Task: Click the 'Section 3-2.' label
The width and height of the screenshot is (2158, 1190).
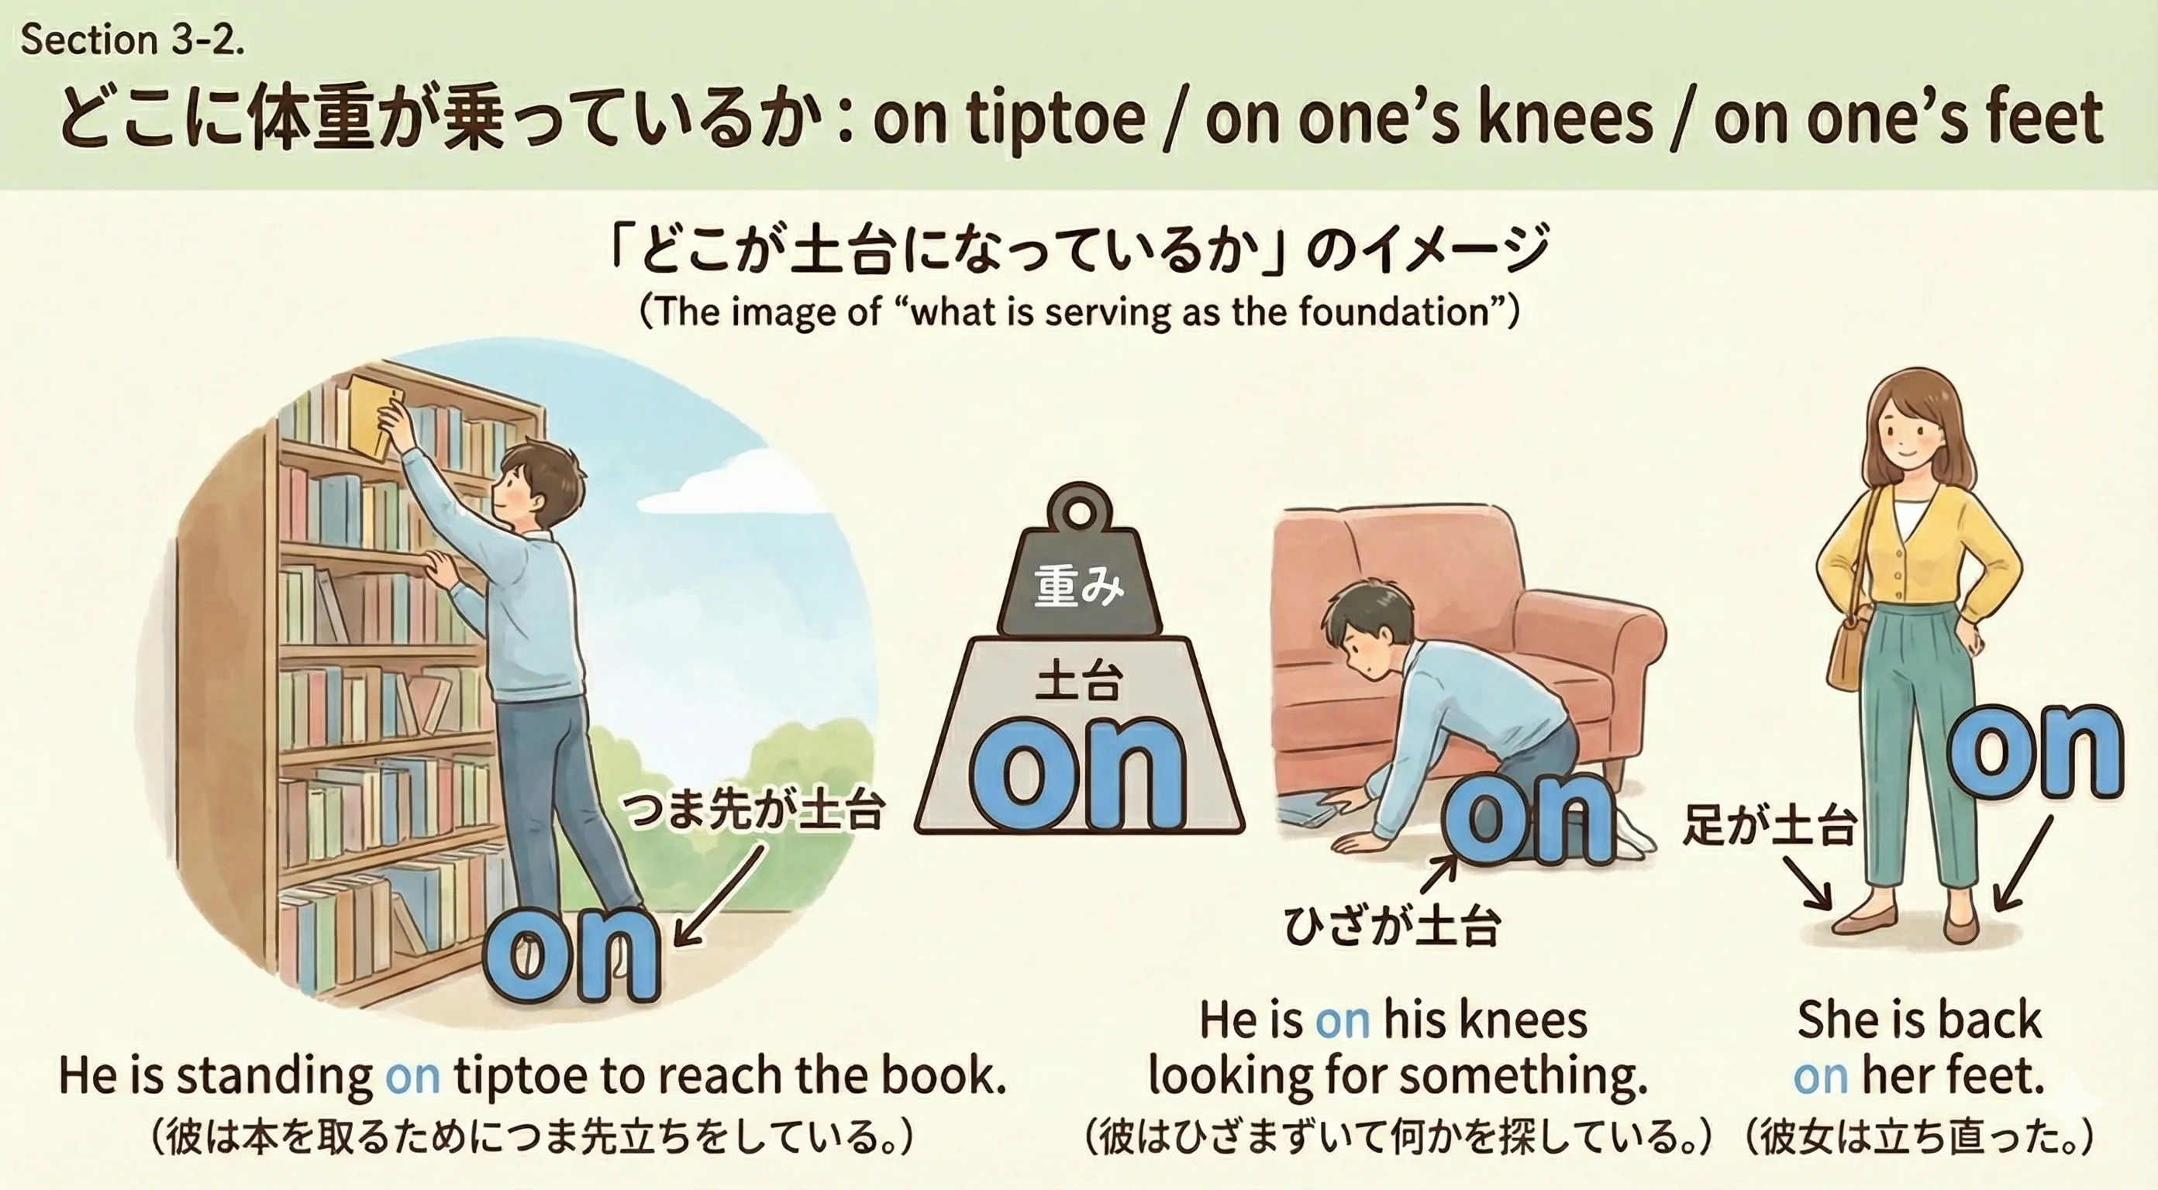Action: [x=132, y=40]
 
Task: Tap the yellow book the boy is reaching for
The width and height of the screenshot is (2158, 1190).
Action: [x=373, y=416]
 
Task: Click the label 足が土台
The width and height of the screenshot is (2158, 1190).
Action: [x=1768, y=825]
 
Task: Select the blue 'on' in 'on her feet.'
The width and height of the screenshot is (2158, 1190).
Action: [x=1820, y=1076]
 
